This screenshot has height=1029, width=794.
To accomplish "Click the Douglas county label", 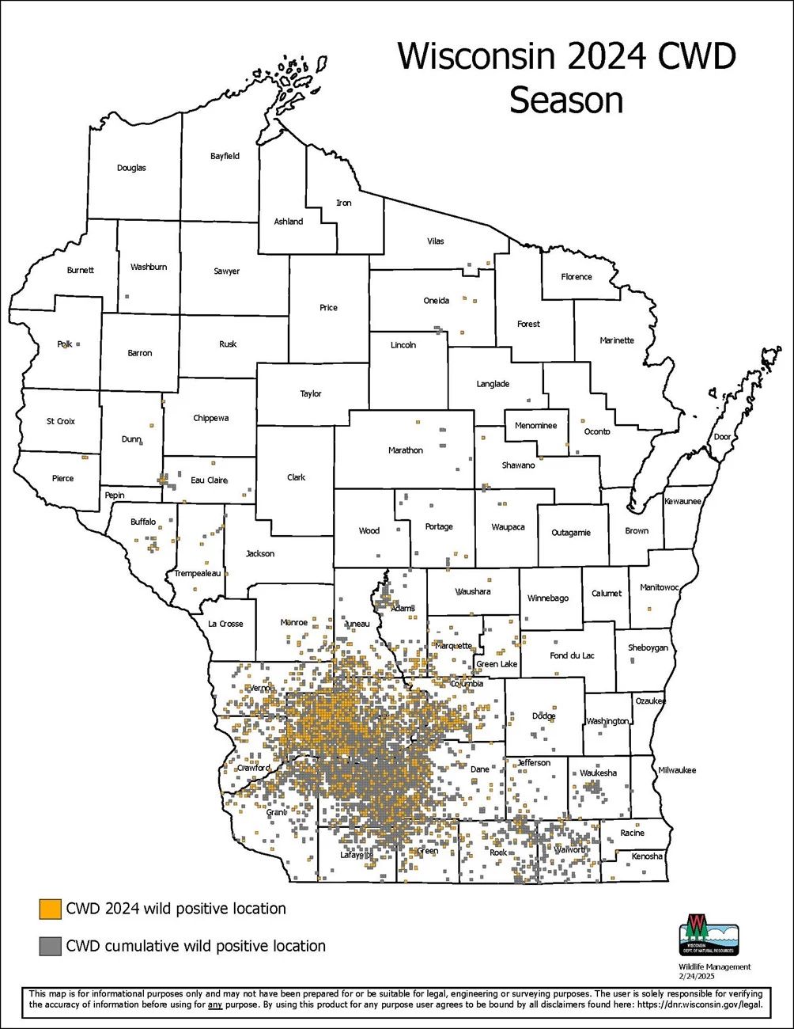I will click(131, 168).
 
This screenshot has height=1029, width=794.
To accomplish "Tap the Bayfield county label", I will click(225, 156).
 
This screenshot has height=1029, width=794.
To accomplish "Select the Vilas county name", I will click(436, 241).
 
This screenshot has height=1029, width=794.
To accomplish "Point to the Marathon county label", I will click(406, 450).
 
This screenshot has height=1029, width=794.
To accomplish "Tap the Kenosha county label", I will click(647, 856).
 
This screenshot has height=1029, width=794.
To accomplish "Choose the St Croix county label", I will click(61, 421).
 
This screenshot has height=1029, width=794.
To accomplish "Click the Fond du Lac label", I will click(572, 655).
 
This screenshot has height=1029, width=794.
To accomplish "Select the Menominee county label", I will click(535, 426).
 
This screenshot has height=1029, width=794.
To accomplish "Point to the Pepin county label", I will click(115, 496).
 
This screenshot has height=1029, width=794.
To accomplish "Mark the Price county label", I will click(328, 308).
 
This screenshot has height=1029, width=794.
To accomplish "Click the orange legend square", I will click(51, 909).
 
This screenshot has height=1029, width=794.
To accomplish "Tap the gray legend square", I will click(51, 946).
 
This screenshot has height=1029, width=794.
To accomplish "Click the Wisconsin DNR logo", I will click(709, 935).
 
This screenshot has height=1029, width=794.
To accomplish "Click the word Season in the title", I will click(566, 101).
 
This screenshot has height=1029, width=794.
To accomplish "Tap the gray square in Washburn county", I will click(127, 296).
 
